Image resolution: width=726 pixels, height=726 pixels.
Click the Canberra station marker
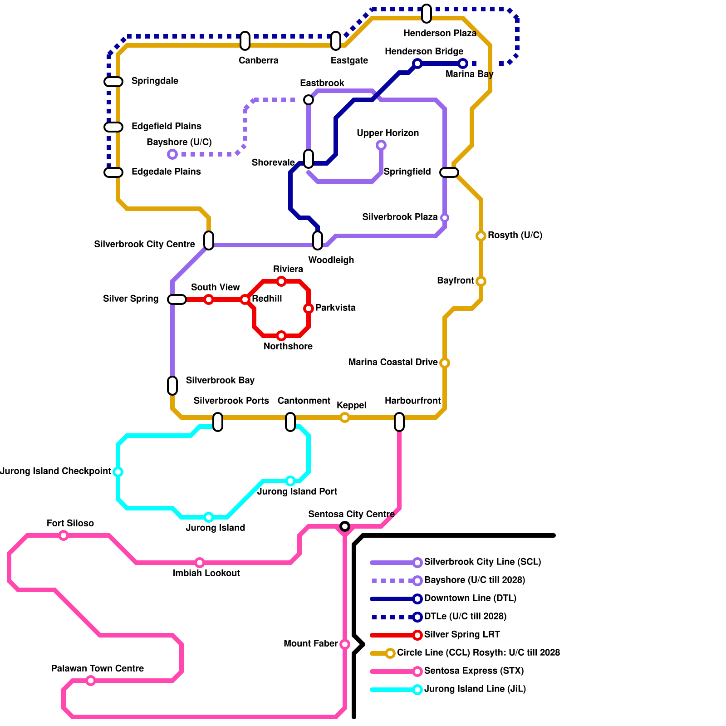245,41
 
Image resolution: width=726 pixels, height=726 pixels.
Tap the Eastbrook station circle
309,100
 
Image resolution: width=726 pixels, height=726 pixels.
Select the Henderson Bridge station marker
417,64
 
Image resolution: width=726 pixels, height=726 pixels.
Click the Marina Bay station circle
463,64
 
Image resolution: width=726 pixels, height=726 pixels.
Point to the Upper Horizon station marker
381,145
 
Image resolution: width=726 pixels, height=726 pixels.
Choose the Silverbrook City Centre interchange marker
209,240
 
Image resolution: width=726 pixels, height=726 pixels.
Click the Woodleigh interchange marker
318,240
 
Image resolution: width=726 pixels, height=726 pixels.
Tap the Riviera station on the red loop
281,281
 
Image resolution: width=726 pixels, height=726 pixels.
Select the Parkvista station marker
309,309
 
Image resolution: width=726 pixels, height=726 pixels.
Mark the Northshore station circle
281,336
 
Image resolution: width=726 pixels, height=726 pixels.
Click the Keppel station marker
345,417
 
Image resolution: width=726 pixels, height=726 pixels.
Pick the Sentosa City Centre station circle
345,526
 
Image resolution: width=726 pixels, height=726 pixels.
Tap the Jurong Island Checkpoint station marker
118,472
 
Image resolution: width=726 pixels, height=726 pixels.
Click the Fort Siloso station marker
64,535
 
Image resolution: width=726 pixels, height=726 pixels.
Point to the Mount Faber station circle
345,644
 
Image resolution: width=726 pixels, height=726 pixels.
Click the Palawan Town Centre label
98,668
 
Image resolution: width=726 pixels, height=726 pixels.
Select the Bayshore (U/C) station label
179,142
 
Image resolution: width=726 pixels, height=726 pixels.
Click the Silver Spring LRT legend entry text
462,634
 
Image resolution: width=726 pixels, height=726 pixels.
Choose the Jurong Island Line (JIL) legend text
475,689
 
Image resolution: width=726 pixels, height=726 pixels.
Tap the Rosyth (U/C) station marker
481,236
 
